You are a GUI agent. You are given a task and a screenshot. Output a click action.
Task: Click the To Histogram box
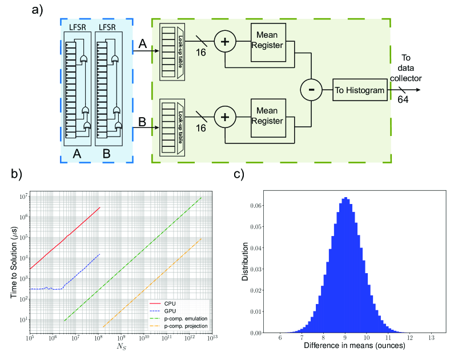(x=360, y=90)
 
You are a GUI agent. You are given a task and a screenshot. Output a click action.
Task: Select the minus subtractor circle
(x=311, y=90)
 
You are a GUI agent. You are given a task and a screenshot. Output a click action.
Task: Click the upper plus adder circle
(x=225, y=42)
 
